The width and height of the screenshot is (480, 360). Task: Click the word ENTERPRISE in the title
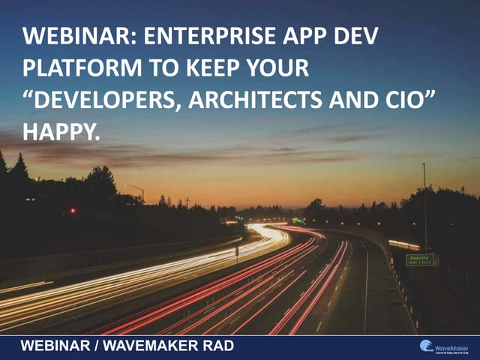(x=196, y=37)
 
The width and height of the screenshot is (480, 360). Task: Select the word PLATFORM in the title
(x=70, y=68)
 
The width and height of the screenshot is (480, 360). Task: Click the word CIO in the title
(x=410, y=100)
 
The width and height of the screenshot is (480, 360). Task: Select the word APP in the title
(x=292, y=37)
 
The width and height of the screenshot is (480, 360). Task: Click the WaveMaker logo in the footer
(x=446, y=346)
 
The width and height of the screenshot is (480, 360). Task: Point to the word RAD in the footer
(x=217, y=346)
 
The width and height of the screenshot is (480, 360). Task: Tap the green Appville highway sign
(x=419, y=259)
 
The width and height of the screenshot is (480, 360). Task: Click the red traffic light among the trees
(x=73, y=211)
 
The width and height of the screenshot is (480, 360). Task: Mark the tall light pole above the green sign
(x=424, y=202)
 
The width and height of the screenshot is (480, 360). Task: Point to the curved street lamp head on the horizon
(x=129, y=185)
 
